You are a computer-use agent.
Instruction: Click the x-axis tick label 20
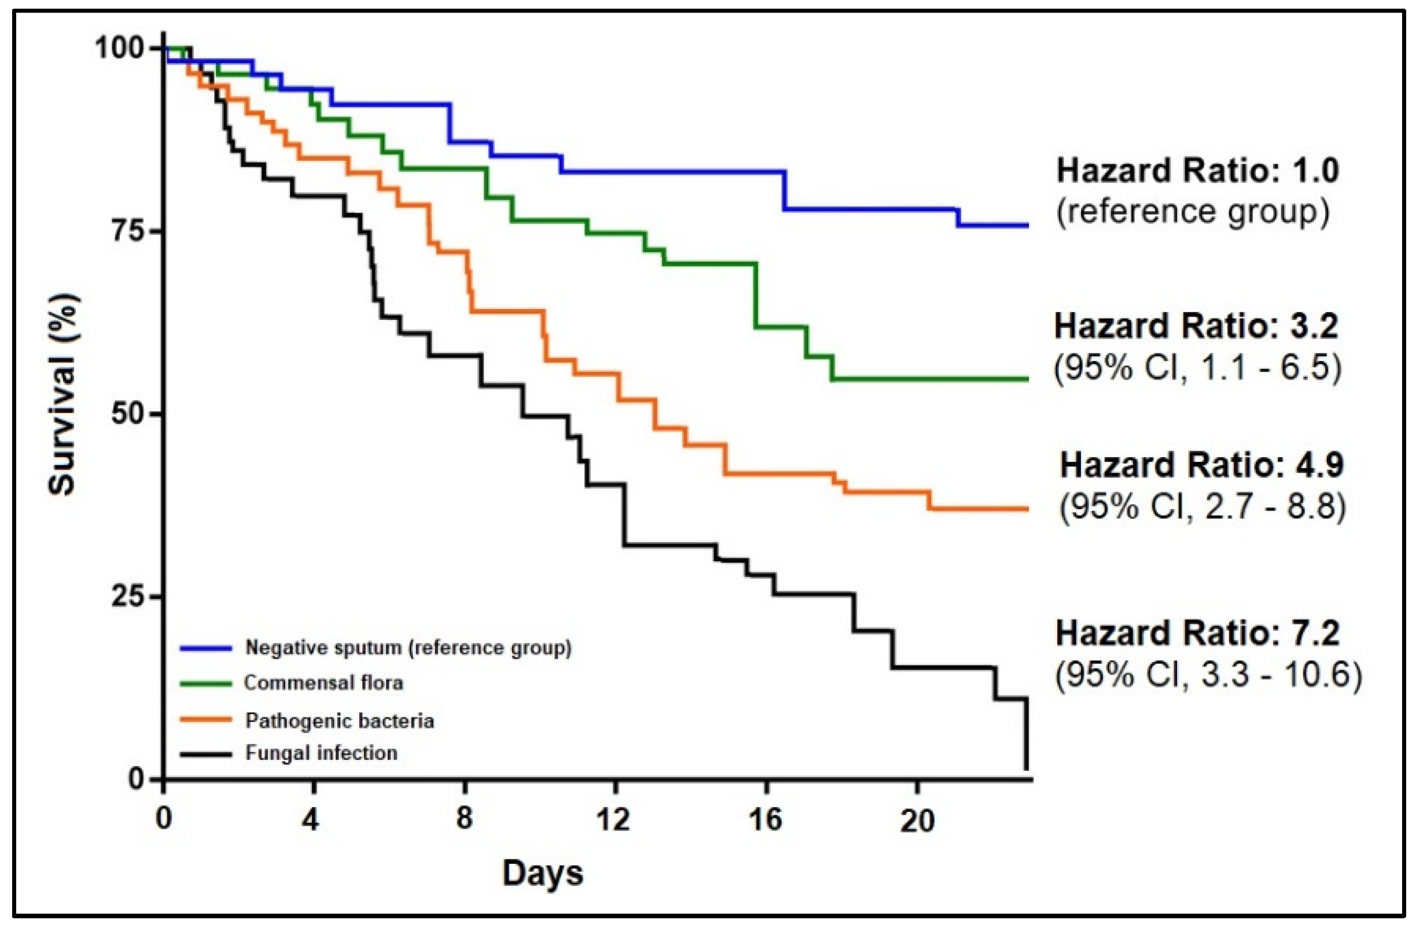pos(917,820)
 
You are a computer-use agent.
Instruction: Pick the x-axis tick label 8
pos(464,820)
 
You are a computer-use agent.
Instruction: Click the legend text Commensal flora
pos(323,683)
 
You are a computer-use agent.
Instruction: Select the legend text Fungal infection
pos(321,753)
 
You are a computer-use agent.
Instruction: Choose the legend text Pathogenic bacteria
pos(340,721)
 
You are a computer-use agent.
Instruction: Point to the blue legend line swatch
pos(205,648)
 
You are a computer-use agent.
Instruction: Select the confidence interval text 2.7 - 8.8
pos(1270,507)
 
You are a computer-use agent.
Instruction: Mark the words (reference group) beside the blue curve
pos(1193,212)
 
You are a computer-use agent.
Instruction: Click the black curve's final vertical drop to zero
pos(1027,735)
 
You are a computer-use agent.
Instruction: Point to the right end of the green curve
pos(1027,379)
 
